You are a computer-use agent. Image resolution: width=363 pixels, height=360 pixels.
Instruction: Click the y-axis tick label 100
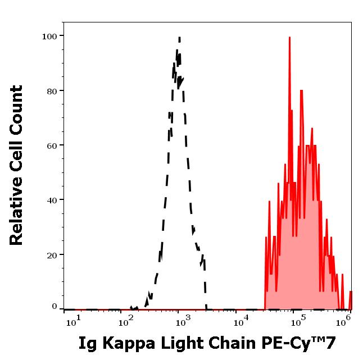pos(49,37)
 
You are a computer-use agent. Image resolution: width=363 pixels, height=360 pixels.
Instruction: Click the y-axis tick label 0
pos(55,307)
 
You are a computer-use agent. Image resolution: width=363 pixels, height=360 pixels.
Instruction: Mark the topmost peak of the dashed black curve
pos(179,38)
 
